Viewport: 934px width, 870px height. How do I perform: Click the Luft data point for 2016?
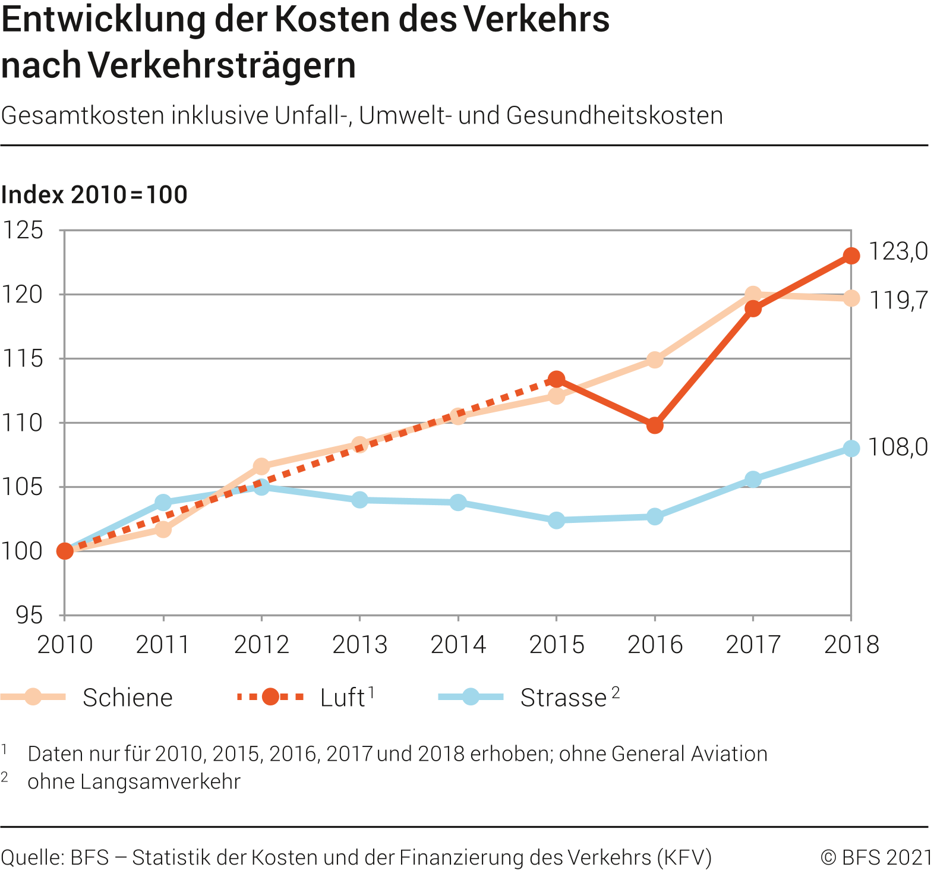coord(655,425)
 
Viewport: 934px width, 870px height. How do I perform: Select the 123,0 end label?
coord(898,252)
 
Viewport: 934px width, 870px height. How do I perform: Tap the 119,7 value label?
coord(898,301)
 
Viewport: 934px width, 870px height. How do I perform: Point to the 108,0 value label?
coord(898,447)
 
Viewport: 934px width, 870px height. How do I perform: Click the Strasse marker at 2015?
coord(556,521)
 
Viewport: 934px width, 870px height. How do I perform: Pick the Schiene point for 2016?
coord(655,360)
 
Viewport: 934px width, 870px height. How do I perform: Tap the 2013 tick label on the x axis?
coord(359,645)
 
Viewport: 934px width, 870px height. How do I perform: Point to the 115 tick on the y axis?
coord(22,359)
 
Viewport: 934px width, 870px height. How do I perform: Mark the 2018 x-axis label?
coord(851,645)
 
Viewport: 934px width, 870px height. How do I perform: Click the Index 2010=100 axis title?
coord(94,195)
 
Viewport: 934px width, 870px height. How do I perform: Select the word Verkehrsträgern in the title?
coord(223,65)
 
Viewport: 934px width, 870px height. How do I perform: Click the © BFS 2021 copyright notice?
coord(877,858)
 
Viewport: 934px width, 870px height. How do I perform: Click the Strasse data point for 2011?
coord(163,503)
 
